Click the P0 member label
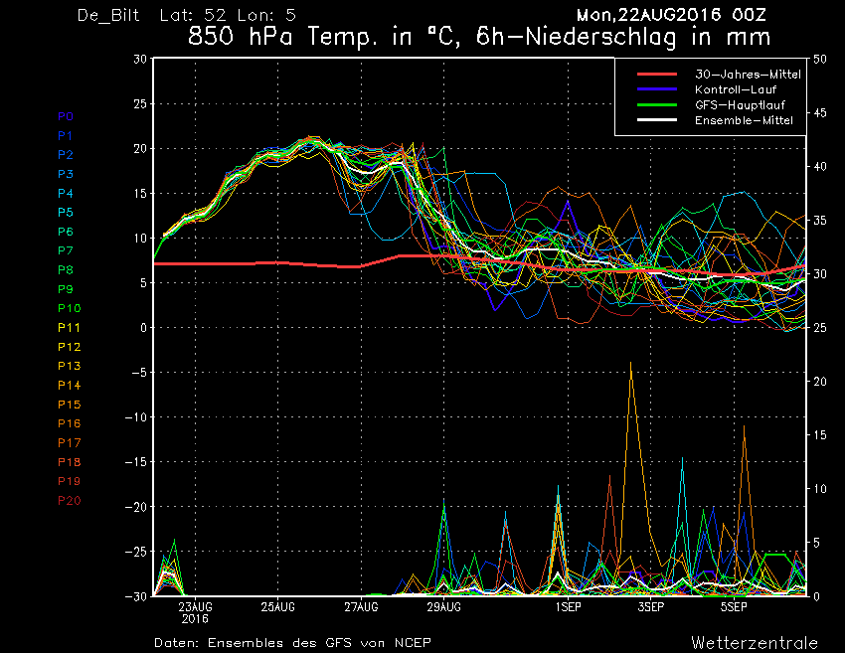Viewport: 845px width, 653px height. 66,116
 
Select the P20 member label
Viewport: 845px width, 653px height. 69,501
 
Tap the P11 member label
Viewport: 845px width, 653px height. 69,328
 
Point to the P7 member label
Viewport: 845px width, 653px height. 66,250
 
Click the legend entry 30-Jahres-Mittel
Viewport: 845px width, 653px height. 748,75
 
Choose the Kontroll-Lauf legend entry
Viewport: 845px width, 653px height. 736,89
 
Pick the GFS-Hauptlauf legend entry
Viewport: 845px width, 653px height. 740,105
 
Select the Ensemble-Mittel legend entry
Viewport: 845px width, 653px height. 744,120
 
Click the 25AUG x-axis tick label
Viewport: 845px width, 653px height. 278,607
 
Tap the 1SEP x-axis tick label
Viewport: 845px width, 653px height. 568,607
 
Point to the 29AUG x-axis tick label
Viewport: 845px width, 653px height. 444,607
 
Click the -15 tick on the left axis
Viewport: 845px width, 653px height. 136,462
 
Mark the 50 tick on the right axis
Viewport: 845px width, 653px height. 820,59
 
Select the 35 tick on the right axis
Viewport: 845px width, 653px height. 820,221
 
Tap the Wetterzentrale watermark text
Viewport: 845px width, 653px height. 755,643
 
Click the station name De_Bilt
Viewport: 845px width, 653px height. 108,15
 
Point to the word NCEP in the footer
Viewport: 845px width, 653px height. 413,643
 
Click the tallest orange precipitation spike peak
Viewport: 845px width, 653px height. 630,363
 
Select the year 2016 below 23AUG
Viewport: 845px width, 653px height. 195,618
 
